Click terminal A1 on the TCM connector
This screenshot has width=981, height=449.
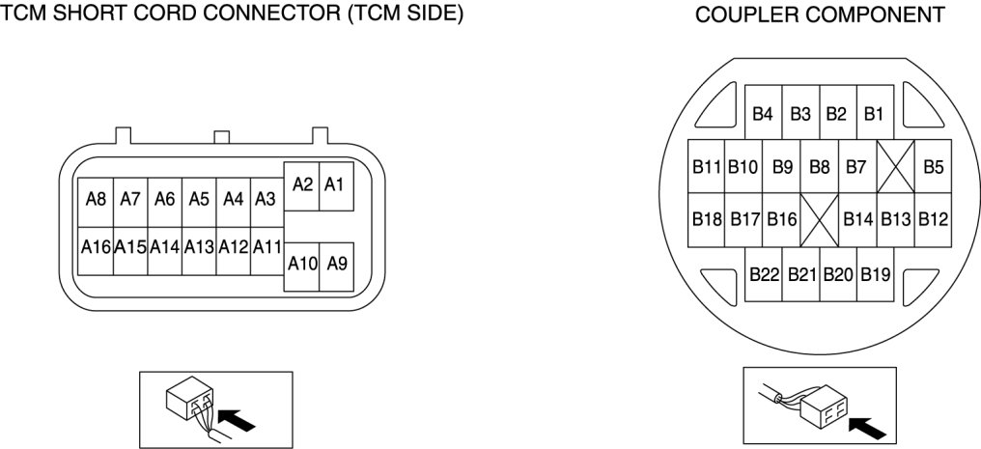pyautogui.click(x=334, y=183)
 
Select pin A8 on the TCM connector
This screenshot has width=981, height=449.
pyautogui.click(x=96, y=200)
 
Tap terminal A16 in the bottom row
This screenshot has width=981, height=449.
pyautogui.click(x=96, y=246)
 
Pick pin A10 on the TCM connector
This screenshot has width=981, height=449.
pyautogui.click(x=301, y=263)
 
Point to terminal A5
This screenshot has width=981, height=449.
pyautogui.click(x=199, y=200)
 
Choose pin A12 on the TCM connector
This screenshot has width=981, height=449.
pyautogui.click(x=234, y=246)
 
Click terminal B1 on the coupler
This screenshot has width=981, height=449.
pyautogui.click(x=874, y=114)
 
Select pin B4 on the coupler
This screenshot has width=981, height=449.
pyautogui.click(x=763, y=114)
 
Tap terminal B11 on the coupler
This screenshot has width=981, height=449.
pyautogui.click(x=707, y=166)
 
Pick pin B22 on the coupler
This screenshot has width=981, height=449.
pyautogui.click(x=764, y=274)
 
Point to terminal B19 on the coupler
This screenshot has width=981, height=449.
pyautogui.click(x=875, y=274)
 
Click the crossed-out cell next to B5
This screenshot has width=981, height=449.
pyautogui.click(x=895, y=166)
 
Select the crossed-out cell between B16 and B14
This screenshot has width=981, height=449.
pyautogui.click(x=820, y=219)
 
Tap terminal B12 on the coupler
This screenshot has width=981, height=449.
pyautogui.click(x=933, y=219)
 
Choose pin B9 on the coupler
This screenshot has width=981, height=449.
pyautogui.click(x=782, y=166)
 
